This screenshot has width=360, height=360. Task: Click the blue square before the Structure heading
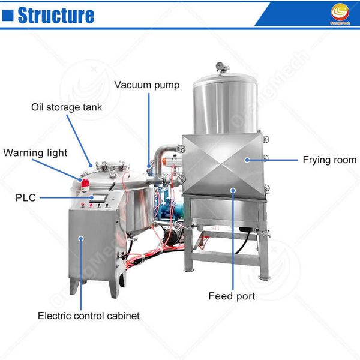tap(8, 15)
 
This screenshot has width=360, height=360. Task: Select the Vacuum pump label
tap(146, 85)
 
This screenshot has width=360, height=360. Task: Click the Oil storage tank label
tap(67, 107)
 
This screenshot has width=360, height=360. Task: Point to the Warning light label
tap(35, 152)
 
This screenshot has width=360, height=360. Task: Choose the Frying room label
tap(329, 160)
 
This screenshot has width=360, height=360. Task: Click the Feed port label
tap(232, 296)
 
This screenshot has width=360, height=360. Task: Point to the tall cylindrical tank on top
tap(225, 105)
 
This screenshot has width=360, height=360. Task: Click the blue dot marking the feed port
tap(232, 190)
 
